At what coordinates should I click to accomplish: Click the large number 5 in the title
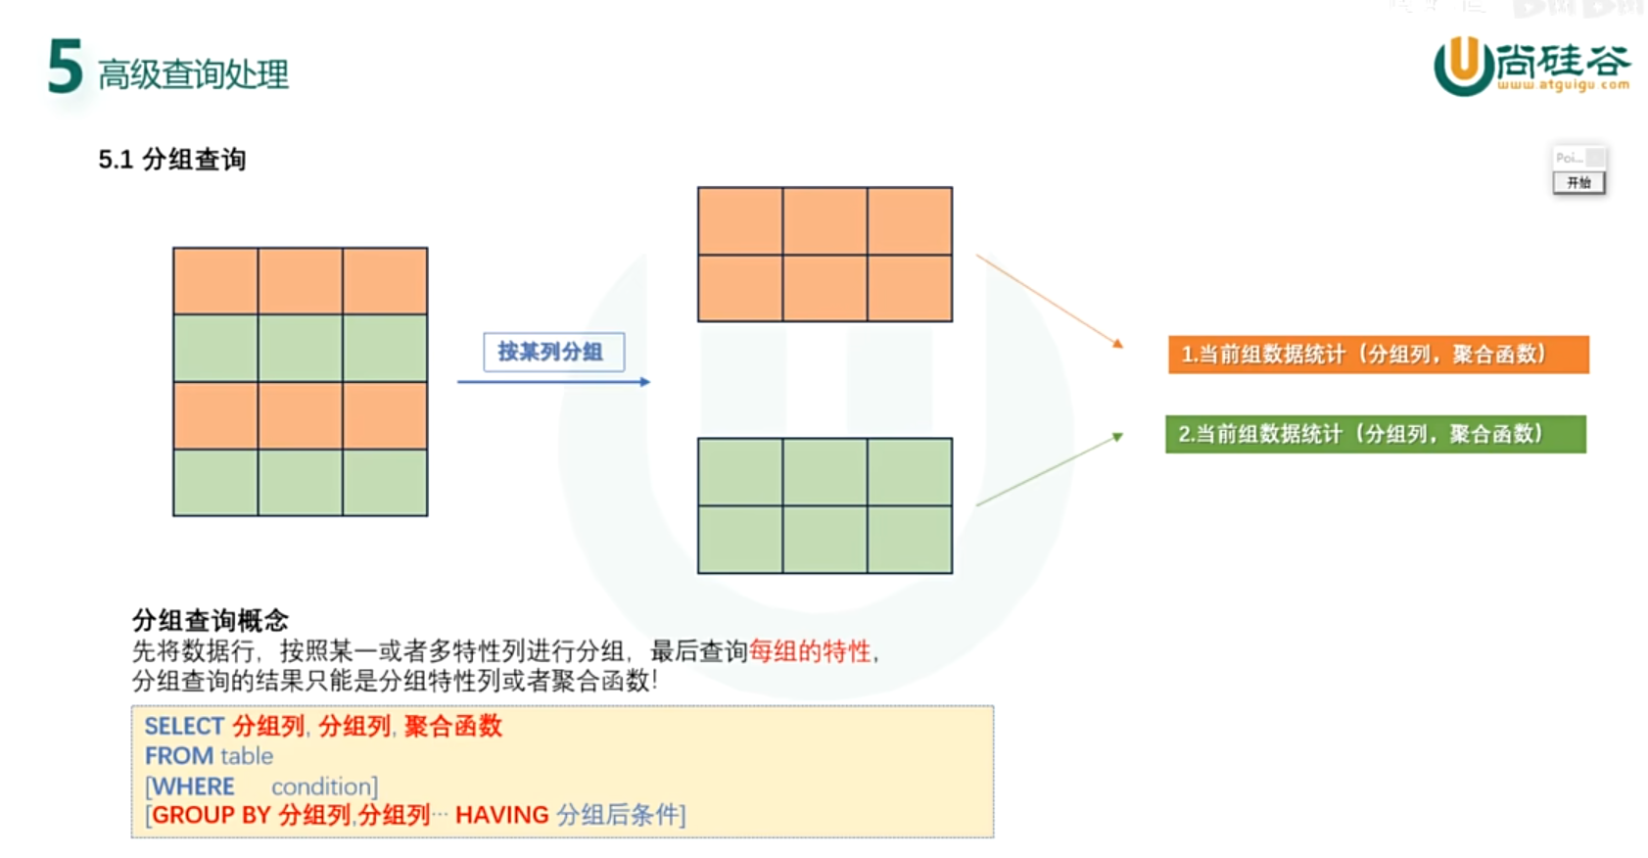pyautogui.click(x=65, y=67)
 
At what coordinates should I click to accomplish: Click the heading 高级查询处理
pyautogui.click(x=193, y=74)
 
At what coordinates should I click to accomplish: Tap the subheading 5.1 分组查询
pyautogui.click(x=171, y=160)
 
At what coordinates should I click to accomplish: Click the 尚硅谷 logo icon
pyautogui.click(x=1464, y=65)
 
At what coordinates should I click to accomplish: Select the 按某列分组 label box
pyautogui.click(x=553, y=352)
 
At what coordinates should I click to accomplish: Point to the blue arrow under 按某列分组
pyautogui.click(x=553, y=382)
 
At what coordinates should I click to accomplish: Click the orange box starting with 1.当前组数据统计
pyautogui.click(x=1378, y=355)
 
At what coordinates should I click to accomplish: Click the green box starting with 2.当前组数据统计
pyautogui.click(x=1375, y=434)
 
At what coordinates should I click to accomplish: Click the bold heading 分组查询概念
pyautogui.click(x=211, y=620)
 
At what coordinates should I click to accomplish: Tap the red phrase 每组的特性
pyautogui.click(x=810, y=651)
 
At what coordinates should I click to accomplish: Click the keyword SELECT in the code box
pyautogui.click(x=184, y=726)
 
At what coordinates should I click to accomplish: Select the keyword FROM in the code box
pyautogui.click(x=179, y=756)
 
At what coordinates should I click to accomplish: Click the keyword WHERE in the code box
pyautogui.click(x=193, y=786)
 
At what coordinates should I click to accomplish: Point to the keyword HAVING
pyautogui.click(x=501, y=815)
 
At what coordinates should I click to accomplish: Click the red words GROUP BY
pyautogui.click(x=212, y=815)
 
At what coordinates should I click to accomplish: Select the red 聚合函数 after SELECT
pyautogui.click(x=453, y=726)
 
